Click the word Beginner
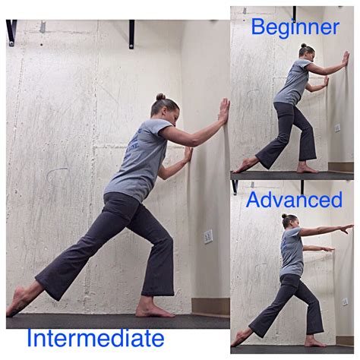pos(295,28)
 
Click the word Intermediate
pos(96,338)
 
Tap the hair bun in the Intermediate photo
pos(160,96)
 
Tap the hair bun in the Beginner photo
pos(304,46)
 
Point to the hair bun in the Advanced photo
pos(284,216)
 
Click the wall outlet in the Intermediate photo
pos(208,236)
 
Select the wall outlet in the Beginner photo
pos(337,128)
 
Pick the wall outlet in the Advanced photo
pos(345,302)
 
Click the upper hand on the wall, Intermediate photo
pos(224,110)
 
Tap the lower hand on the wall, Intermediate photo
pos(188,154)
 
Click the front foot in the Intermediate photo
pos(154,311)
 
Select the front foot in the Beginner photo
pos(307,169)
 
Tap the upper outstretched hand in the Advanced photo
pos(347,229)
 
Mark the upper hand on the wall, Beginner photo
pos(346,58)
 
